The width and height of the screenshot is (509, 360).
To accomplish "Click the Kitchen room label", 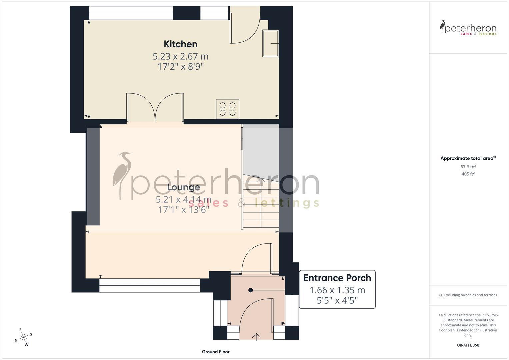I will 180,44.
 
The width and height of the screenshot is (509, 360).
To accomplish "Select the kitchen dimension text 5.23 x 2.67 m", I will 180,56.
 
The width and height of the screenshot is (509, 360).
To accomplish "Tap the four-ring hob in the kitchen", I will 228,109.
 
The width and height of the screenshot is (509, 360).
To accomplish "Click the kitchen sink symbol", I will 270,43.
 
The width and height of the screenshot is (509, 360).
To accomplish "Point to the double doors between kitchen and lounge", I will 155,107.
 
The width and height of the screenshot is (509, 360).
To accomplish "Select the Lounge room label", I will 183,187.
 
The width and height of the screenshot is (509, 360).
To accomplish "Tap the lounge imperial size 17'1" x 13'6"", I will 183,210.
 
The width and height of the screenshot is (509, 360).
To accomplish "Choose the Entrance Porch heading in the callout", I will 337,278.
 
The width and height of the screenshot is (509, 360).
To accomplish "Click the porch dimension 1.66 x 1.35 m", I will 337,290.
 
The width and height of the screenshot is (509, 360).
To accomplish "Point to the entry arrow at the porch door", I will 256,337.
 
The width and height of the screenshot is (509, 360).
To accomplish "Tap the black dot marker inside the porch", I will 250,290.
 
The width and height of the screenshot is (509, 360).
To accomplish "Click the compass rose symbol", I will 23,337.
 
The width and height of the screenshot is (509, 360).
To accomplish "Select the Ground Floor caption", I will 216,352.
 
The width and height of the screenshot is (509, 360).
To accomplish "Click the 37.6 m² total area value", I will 468,167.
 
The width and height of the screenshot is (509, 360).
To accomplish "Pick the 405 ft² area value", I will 468,174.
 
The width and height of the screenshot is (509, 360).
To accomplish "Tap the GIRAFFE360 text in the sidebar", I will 468,345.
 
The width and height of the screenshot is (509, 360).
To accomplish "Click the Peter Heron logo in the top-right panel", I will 468,28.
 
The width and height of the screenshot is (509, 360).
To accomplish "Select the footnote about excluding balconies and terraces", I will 468,295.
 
